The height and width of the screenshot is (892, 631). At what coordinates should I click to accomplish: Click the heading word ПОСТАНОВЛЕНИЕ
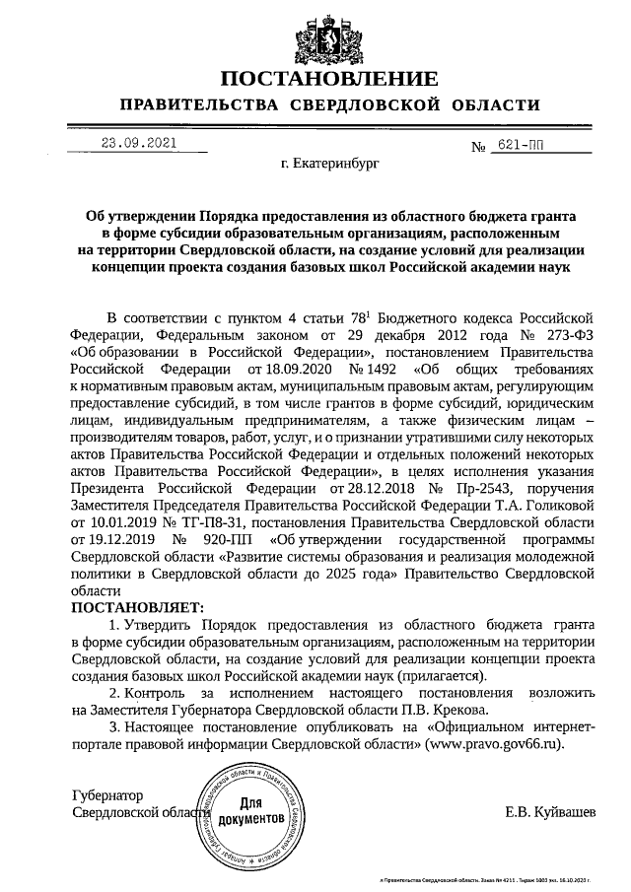(329, 80)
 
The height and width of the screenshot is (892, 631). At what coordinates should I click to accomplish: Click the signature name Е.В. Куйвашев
(549, 812)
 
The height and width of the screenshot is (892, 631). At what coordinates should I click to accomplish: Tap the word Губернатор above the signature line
(107, 794)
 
